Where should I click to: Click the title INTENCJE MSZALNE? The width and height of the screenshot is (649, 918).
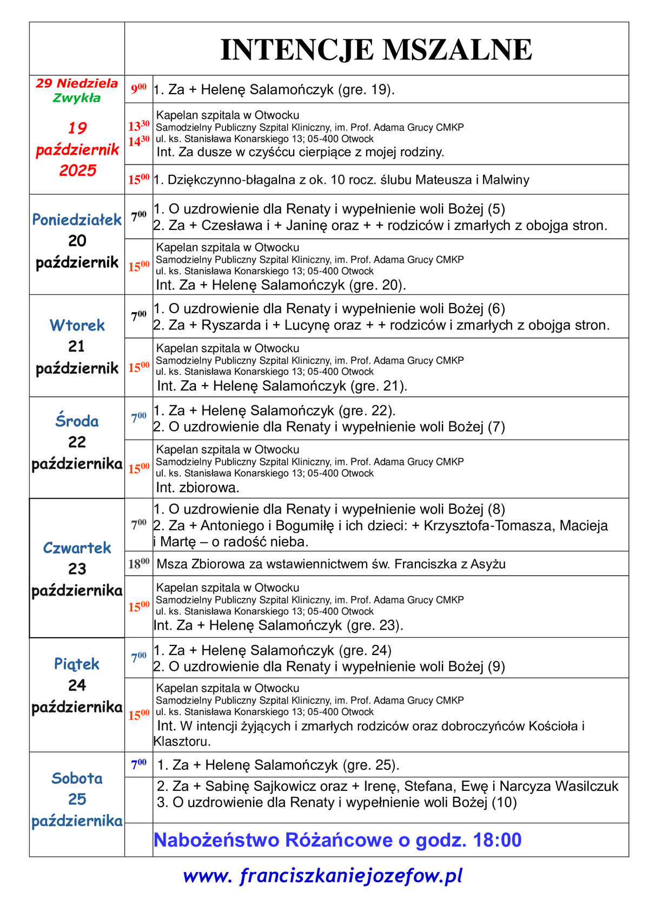tap(376, 50)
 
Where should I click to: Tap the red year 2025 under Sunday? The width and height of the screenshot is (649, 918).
tap(77, 170)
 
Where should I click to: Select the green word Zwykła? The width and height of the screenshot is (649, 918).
tap(77, 98)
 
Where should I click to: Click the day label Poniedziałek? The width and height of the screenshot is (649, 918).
tap(77, 220)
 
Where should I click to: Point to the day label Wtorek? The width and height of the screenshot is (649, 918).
tap(77, 325)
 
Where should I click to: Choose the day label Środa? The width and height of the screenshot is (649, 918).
tap(77, 421)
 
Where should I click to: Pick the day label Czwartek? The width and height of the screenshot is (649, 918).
tap(77, 547)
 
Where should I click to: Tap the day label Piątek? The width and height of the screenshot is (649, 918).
tap(77, 664)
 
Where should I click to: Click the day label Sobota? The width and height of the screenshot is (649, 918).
tap(77, 778)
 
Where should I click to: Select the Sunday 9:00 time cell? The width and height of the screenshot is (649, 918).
tap(138, 89)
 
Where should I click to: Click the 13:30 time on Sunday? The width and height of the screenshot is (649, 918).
tap(138, 126)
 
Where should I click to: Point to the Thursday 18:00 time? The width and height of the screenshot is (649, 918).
tap(138, 564)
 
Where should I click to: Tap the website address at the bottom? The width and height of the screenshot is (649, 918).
tap(323, 875)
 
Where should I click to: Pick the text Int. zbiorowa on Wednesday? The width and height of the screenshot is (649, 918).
tap(197, 487)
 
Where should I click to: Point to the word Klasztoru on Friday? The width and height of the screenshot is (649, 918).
tap(182, 741)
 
